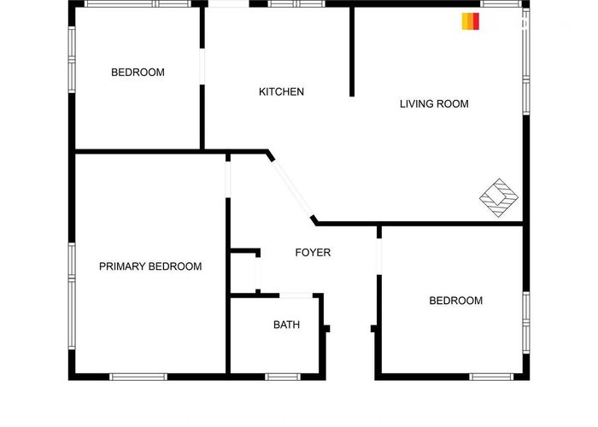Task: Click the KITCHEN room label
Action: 281,92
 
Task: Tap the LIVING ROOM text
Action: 434,103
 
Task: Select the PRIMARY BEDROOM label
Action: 150,266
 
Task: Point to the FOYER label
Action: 313,253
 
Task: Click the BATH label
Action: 286,325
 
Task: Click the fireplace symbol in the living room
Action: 499,197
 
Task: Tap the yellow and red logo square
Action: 470,21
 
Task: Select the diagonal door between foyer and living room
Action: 292,189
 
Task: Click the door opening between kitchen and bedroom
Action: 202,67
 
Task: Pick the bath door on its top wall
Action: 296,295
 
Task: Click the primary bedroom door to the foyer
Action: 228,179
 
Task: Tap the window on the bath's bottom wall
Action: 283,377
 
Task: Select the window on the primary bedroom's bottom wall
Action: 138,377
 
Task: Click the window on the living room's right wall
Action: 526,61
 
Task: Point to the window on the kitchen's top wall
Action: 296,3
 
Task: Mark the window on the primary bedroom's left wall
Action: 72,295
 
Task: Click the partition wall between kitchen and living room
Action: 352,52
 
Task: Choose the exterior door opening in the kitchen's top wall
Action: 228,3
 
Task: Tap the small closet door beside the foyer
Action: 258,273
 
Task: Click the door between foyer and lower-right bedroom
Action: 379,256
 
